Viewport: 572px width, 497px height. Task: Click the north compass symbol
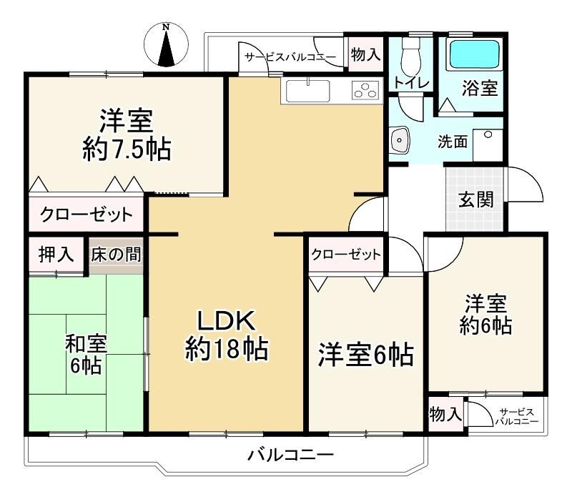[x=167, y=45]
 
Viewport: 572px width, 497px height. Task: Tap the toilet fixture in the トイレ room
[x=410, y=56]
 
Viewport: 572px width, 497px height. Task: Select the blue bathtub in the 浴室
[x=475, y=54]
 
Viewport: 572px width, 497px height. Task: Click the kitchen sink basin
[x=308, y=91]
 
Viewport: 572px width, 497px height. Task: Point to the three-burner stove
[x=365, y=91]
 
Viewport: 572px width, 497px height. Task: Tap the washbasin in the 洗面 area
[x=400, y=139]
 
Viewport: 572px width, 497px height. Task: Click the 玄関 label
[x=475, y=200]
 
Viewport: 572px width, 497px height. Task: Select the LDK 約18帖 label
[x=227, y=335]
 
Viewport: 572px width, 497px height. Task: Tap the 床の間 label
[x=116, y=255]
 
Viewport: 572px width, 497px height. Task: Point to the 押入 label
[x=56, y=254]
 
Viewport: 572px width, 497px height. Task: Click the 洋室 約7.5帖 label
[x=127, y=134]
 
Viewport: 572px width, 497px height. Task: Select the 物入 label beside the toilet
[x=365, y=55]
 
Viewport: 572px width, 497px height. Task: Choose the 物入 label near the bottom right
[x=445, y=415]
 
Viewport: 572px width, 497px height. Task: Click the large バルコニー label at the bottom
[x=291, y=455]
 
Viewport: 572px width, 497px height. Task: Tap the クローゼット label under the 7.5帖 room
[x=87, y=215]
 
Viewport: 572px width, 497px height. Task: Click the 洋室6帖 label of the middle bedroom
[x=366, y=354]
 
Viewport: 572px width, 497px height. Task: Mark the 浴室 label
[x=480, y=88]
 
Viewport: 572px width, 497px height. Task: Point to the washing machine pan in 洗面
[x=488, y=145]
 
